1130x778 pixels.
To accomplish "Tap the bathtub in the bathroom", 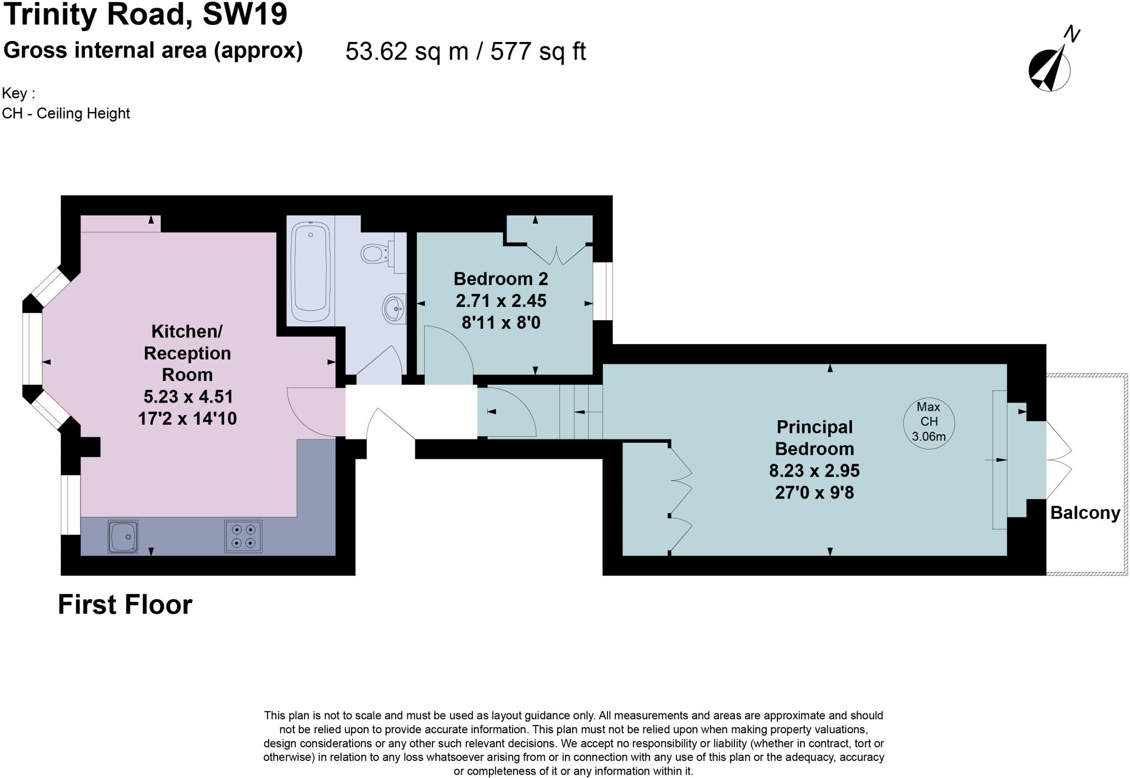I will tap(311, 272).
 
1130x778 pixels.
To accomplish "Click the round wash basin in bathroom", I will tap(394, 308).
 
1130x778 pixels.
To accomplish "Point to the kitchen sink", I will tap(122, 536).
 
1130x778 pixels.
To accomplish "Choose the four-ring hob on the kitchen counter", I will tap(243, 536).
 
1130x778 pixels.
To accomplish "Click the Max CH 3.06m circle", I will tap(929, 422).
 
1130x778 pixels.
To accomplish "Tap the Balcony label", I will tap(1085, 513).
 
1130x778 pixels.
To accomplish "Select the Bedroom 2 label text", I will tap(500, 279).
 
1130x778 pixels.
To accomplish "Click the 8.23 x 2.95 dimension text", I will tap(814, 470).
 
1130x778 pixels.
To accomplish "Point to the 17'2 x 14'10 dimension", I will tap(187, 419).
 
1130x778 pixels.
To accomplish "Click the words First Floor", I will tap(125, 605).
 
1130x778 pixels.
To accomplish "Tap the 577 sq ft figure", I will tap(537, 52).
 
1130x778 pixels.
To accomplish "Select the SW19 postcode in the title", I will tap(245, 14).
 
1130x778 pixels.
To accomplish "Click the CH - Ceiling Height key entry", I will tap(66, 114).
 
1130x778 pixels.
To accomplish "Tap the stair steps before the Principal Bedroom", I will tap(581, 412).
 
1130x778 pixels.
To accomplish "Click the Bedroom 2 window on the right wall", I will tap(603, 291).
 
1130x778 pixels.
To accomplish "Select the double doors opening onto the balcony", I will tap(1059, 460).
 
